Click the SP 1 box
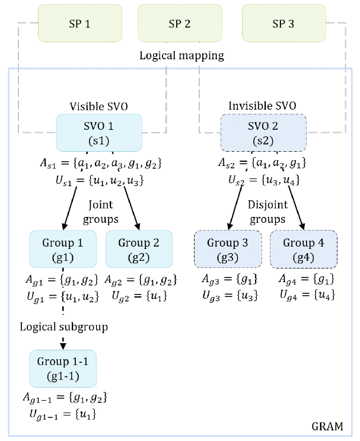pyautogui.click(x=79, y=24)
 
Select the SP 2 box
pyautogui.click(x=180, y=24)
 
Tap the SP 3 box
pyautogui.click(x=282, y=24)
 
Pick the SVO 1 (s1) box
pyautogui.click(x=99, y=133)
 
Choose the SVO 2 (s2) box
pyautogui.click(x=263, y=133)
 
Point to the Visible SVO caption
pyautogui.click(x=99, y=107)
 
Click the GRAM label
pyautogui.click(x=327, y=426)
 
